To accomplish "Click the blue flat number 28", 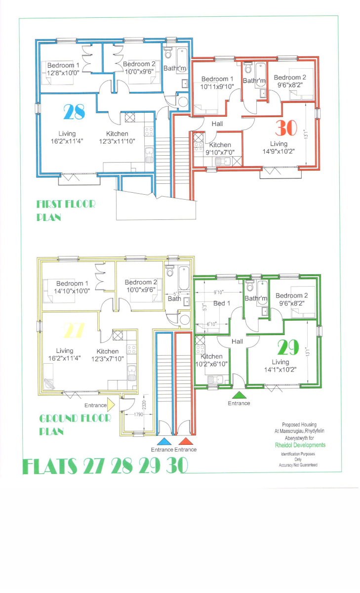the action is click(74, 112).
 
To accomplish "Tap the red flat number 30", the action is click(287, 128).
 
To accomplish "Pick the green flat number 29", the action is click(288, 348).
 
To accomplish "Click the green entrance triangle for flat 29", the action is click(239, 395).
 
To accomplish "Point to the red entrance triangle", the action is click(186, 441).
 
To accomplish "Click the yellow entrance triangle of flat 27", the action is click(112, 405).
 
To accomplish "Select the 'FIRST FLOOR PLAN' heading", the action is click(66, 210).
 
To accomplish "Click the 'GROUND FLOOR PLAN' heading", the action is click(75, 424).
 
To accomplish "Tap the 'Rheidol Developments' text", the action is click(300, 445).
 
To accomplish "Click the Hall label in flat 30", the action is click(217, 124).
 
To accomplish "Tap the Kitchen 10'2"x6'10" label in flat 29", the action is click(212, 360).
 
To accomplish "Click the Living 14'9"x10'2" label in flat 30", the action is click(279, 148).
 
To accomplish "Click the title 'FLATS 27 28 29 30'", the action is click(105, 466).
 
